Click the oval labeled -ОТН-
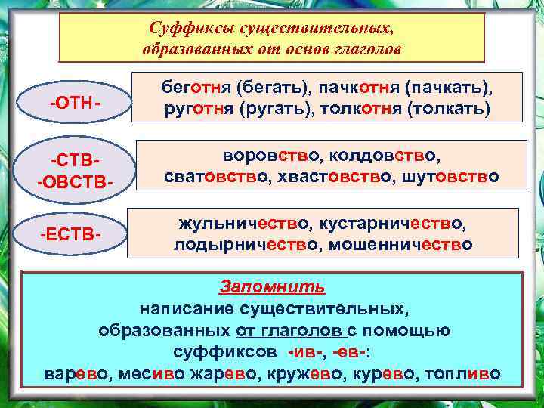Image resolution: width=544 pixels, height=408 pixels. coord(75,101)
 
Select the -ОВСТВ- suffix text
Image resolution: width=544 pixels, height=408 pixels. coord(75,184)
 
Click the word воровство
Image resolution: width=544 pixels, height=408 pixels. coord(263,155)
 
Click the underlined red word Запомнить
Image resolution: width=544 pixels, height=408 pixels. coord(273,286)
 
